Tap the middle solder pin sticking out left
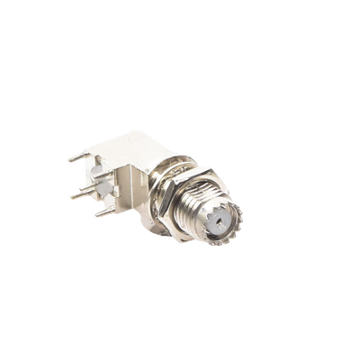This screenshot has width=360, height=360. click(79, 192)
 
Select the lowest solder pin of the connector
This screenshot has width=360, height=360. click(104, 213)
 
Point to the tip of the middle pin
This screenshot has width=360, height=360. click(67, 192)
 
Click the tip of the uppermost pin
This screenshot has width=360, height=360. click(67, 160)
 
